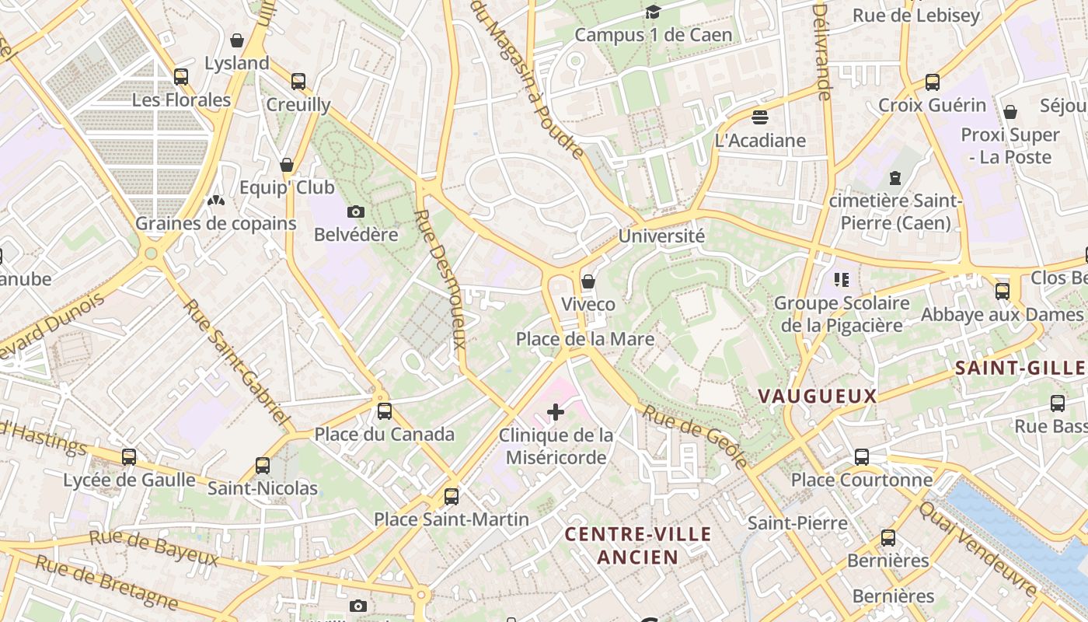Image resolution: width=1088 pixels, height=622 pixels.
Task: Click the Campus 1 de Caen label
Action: [654, 35]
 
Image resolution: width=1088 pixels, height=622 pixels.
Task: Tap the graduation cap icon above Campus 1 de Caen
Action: [653, 12]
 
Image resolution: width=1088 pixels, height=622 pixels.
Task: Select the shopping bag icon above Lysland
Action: [237, 40]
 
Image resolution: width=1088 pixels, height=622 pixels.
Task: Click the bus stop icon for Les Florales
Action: [181, 76]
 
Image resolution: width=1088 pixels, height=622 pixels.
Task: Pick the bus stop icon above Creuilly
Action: [298, 81]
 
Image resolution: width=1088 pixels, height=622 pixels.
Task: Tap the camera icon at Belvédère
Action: [356, 211]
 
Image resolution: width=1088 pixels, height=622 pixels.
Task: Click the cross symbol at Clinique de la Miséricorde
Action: [556, 412]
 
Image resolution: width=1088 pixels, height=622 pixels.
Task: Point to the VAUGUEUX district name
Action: [817, 396]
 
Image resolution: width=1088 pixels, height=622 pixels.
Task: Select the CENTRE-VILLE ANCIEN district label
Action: [638, 545]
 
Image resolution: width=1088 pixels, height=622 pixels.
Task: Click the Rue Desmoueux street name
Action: [440, 279]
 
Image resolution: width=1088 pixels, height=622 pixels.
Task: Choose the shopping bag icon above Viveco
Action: [588, 281]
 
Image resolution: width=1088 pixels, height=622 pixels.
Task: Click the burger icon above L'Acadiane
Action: [760, 117]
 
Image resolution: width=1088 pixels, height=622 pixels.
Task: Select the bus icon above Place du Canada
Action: [384, 411]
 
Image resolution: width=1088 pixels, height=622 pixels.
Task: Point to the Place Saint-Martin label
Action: [452, 519]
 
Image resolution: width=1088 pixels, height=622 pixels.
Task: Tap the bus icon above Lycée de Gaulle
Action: [129, 456]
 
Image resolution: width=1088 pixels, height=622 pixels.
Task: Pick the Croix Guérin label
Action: [932, 105]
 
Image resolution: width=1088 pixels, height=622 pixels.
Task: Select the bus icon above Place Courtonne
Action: [862, 456]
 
